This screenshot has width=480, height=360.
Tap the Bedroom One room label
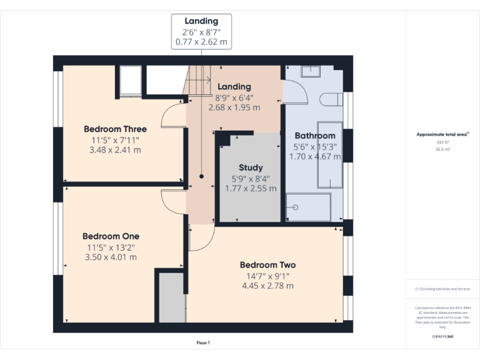(111, 236)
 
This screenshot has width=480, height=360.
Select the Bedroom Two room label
(267, 265)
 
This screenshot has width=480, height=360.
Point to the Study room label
(251, 167)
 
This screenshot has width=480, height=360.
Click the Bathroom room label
(315, 136)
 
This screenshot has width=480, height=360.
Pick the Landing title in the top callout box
(201, 21)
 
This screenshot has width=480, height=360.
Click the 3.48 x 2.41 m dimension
(116, 150)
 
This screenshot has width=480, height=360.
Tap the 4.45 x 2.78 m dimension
(267, 286)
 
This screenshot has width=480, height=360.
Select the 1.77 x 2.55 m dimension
(251, 188)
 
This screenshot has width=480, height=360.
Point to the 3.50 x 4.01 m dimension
(111, 257)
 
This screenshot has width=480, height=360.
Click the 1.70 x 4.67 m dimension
(315, 156)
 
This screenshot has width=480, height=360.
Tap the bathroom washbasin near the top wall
(311, 71)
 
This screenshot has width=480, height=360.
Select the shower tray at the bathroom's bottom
(308, 206)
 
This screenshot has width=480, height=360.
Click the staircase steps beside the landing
(199, 79)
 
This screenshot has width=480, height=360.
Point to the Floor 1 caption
(203, 342)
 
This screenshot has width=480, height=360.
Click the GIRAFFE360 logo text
(442, 336)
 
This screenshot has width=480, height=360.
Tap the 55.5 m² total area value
(442, 148)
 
